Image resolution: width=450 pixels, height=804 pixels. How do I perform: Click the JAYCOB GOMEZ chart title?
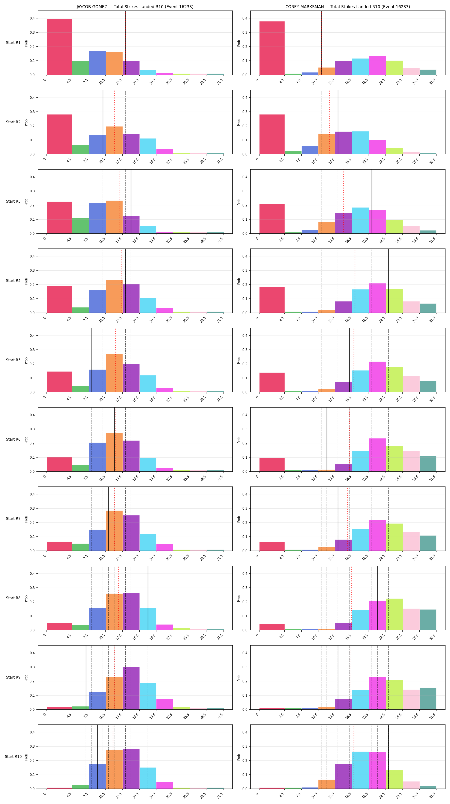point(135,7)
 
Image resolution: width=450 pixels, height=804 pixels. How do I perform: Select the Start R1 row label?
point(13,43)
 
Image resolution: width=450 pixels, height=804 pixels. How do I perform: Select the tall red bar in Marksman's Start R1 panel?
point(272,48)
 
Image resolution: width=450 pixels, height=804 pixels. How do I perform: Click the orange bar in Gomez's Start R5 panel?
point(114,373)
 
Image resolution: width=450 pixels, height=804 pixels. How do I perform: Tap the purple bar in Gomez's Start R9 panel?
point(131,688)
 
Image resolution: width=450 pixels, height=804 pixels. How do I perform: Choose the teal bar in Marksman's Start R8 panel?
point(428,620)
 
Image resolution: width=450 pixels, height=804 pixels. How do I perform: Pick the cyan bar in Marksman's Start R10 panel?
point(360,770)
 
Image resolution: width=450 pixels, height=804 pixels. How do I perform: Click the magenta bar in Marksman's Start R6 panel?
point(377,455)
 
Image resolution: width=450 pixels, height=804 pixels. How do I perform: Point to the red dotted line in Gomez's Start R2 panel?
point(114,122)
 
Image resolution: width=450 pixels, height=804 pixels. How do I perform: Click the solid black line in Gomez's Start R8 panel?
point(148,598)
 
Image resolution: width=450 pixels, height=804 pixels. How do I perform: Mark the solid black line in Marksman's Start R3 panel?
point(372,202)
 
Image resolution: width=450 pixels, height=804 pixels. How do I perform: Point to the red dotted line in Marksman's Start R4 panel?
point(355,281)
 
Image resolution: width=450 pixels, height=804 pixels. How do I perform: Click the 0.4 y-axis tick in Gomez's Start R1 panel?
point(32,18)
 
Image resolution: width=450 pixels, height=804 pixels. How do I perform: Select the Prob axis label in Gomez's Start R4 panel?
point(26,281)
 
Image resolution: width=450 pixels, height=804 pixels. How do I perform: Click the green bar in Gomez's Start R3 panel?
point(80,226)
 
